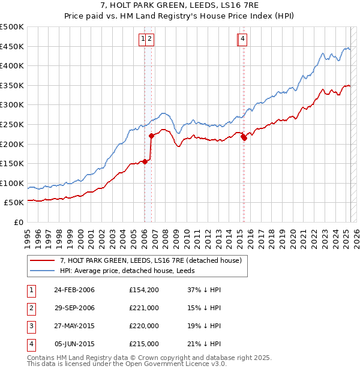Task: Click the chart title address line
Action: (180, 5)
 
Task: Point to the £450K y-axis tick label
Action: (12, 46)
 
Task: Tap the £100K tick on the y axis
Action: (12, 183)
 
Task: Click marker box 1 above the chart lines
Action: (143, 40)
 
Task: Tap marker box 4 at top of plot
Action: (242, 40)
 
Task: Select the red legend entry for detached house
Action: (150, 260)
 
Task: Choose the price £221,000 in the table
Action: (144, 308)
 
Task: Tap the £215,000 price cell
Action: (144, 344)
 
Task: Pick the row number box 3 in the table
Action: (31, 326)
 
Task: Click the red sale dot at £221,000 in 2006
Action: (152, 136)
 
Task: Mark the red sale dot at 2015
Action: (244, 138)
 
